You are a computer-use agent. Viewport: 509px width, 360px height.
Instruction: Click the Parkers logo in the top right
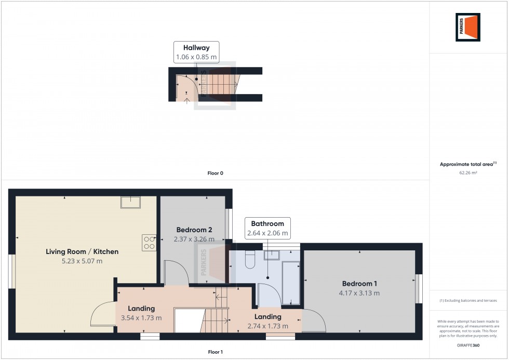point(468,27)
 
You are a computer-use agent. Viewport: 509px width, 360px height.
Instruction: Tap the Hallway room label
point(196,48)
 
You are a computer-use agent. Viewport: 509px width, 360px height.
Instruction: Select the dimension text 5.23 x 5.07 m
point(82,261)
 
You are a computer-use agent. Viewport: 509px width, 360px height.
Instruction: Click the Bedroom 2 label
point(194,230)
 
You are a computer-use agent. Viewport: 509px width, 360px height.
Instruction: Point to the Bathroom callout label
point(268,223)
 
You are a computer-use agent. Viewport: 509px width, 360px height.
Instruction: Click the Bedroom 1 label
point(359,284)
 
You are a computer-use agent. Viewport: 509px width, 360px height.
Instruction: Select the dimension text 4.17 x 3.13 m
point(359,293)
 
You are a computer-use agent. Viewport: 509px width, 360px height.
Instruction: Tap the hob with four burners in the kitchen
point(149,243)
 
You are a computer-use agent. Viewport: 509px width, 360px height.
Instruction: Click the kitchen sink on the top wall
point(130,202)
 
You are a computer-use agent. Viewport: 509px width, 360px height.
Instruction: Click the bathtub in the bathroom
point(290,283)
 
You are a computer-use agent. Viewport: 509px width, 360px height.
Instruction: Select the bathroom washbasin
point(271,255)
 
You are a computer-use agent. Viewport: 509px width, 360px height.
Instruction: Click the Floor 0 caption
point(215,173)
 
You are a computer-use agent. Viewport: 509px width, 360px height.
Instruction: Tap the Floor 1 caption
point(215,352)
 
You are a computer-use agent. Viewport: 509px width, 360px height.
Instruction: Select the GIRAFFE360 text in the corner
point(468,344)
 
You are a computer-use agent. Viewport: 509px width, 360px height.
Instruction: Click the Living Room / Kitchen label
point(82,251)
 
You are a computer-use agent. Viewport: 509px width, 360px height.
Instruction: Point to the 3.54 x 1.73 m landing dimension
point(141,318)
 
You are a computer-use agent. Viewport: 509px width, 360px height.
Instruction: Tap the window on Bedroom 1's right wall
point(419,289)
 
